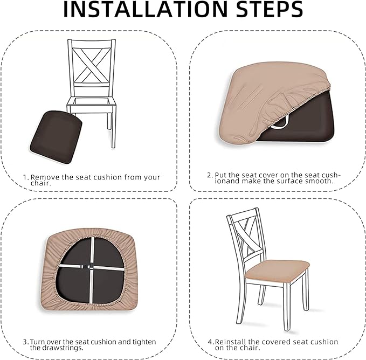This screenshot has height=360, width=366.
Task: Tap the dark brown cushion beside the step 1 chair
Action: (56, 137)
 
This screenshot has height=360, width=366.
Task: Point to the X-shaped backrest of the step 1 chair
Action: (91, 65)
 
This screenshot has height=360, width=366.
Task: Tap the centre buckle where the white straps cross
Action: (91, 267)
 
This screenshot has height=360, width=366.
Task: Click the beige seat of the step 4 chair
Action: (277, 270)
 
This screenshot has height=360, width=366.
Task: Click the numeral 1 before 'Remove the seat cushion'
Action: (25, 177)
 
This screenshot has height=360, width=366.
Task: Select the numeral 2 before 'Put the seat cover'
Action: (209, 175)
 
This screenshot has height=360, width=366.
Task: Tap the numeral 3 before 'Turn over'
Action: (25, 342)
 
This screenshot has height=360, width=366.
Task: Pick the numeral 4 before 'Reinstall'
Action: (210, 342)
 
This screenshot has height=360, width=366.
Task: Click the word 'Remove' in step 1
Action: (45, 177)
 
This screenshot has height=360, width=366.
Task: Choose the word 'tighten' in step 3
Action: (144, 342)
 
